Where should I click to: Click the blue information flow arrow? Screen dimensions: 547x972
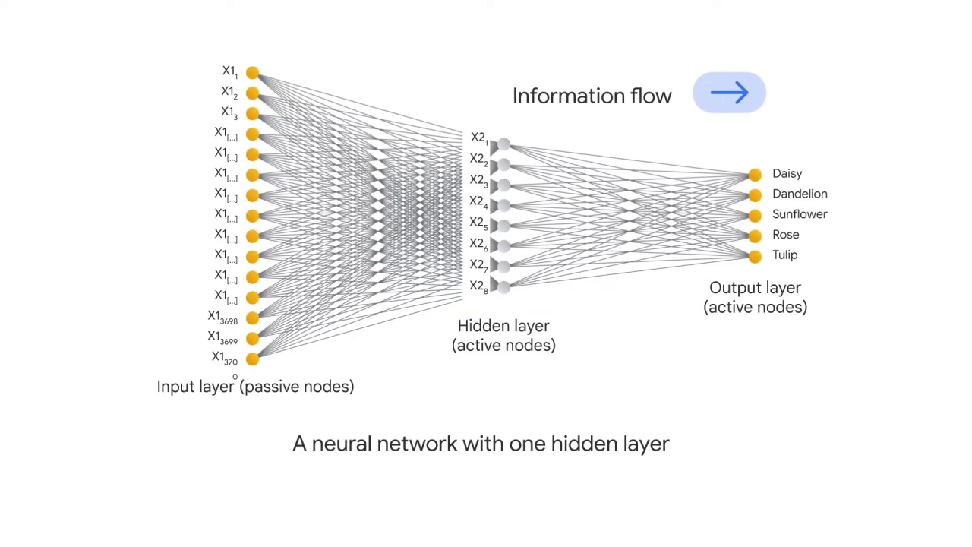(x=729, y=93)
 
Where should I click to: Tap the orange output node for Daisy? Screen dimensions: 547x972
(x=754, y=175)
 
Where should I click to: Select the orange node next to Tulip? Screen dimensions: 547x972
(x=754, y=257)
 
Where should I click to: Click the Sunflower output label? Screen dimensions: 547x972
(x=799, y=214)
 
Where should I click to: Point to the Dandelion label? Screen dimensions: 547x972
(x=799, y=194)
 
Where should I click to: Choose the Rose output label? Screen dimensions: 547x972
(x=785, y=235)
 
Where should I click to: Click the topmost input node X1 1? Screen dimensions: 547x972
(x=252, y=73)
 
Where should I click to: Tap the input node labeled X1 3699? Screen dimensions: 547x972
(x=252, y=339)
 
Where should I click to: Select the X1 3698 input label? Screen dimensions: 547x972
(x=222, y=318)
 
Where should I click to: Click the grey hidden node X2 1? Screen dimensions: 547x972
(x=503, y=144)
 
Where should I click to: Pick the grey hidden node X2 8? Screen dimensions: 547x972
(x=503, y=286)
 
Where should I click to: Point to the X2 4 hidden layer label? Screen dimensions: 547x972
(x=478, y=202)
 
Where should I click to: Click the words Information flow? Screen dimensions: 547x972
(x=592, y=96)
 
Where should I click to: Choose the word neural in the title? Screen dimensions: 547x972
(x=341, y=444)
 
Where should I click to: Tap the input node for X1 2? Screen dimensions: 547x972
(x=252, y=93)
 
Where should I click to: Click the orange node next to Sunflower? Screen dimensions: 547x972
(x=754, y=216)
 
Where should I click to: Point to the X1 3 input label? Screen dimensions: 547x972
(x=229, y=112)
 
